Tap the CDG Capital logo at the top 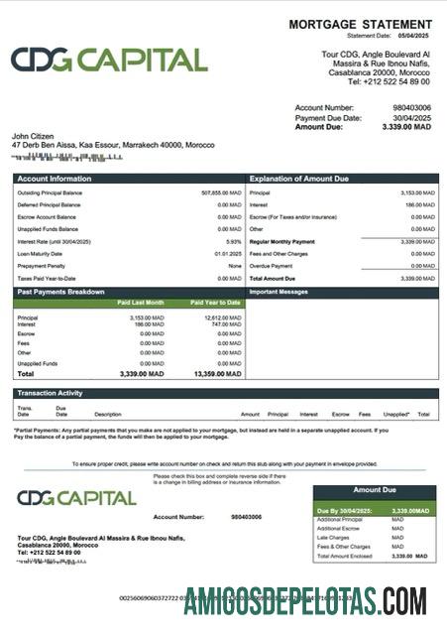point(109,61)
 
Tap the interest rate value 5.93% point(234,241)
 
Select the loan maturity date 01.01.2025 point(229,253)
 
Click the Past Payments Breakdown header point(60,293)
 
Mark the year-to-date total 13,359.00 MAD point(219,374)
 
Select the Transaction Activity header point(50,393)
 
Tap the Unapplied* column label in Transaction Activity point(396,414)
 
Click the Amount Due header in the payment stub point(375,490)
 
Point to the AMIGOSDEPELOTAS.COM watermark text point(305,601)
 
